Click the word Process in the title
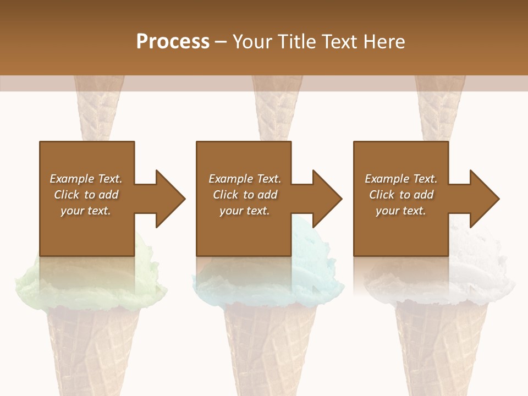[173, 42]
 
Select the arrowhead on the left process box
[168, 199]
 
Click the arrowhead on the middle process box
[326, 199]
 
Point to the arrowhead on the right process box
[483, 199]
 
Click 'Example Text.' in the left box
[86, 179]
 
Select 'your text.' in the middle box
[244, 211]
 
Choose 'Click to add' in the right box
[401, 195]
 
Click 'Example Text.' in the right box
[401, 179]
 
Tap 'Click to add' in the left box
[86, 195]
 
